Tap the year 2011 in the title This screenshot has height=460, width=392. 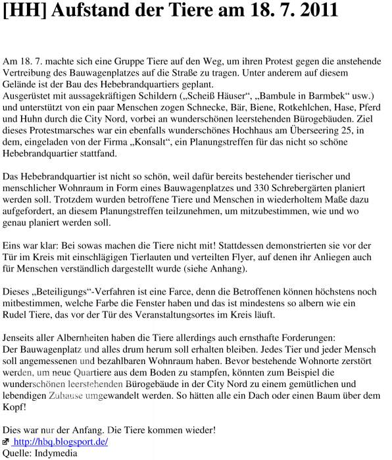click(x=318, y=11)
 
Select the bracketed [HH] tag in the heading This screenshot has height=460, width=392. click(x=22, y=11)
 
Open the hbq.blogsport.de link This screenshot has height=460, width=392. click(x=60, y=442)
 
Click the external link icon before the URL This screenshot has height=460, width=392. click(x=6, y=442)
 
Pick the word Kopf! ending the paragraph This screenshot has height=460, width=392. click(x=14, y=407)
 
